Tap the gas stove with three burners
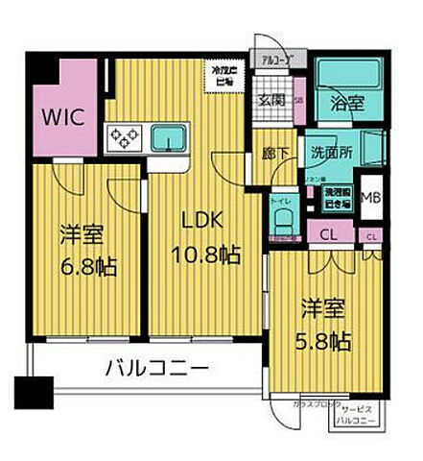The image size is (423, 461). [125, 139]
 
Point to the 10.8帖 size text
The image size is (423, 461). [205, 256]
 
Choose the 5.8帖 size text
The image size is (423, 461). [321, 341]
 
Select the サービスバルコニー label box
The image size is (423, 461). [359, 415]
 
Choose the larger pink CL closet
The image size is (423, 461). [327, 232]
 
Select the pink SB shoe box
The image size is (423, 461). [299, 98]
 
